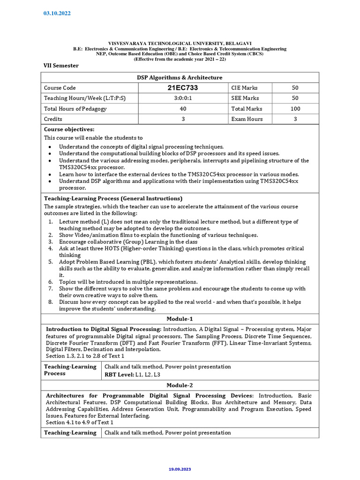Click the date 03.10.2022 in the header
(57, 13)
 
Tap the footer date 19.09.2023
(180, 469)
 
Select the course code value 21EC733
(183, 88)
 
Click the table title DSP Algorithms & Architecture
(180, 77)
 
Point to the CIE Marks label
(244, 88)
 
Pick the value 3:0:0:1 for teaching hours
(183, 98)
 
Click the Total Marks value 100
(295, 109)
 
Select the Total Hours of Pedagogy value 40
(183, 109)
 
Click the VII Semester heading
(61, 66)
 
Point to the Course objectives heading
(69, 129)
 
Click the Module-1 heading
(180, 319)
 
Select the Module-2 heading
(180, 385)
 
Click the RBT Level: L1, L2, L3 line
(133, 375)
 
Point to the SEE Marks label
(245, 98)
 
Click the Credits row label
(53, 119)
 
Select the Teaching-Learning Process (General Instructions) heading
(113, 198)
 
